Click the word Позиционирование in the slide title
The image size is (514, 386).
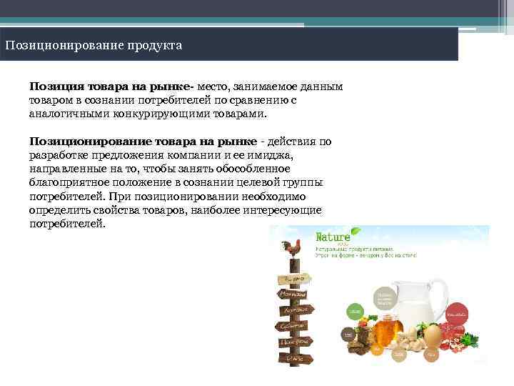click(x=64, y=46)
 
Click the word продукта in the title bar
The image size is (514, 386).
click(x=156, y=46)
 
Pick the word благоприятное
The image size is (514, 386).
click(x=66, y=182)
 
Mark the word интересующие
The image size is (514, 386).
click(x=285, y=210)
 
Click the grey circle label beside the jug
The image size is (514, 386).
click(x=385, y=297)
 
